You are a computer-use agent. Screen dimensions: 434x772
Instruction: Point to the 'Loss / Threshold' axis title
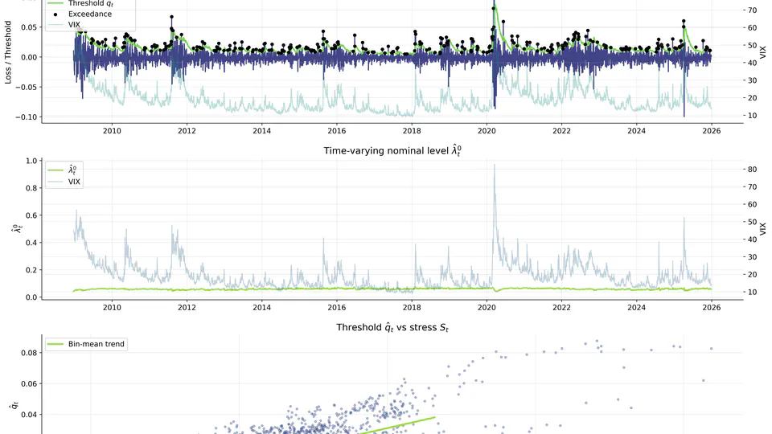[x=9, y=56]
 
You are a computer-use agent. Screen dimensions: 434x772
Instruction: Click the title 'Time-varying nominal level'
[x=393, y=150]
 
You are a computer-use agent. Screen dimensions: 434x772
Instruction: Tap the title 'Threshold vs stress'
[x=393, y=328]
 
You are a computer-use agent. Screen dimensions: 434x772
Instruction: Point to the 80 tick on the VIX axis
[x=753, y=170]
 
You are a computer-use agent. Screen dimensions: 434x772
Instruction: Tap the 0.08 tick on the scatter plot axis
[x=27, y=353]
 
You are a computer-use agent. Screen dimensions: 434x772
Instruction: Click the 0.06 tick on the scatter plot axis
[x=27, y=384]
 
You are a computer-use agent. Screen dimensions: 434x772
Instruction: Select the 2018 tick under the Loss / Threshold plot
[x=412, y=130]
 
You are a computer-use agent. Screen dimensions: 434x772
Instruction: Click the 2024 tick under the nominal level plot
[x=636, y=307]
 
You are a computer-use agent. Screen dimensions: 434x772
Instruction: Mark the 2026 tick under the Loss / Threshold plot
[x=712, y=130]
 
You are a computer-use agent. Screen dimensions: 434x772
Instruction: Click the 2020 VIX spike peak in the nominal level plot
[x=494, y=165]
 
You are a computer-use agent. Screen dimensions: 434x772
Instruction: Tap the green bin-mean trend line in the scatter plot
[x=402, y=424]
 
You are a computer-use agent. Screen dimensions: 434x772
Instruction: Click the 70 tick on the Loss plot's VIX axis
[x=753, y=10]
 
